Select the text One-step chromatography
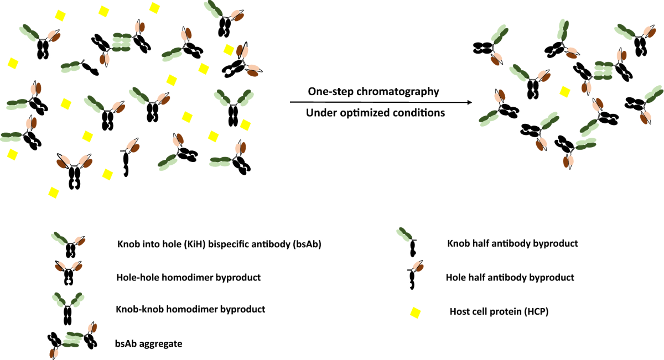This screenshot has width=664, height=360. click(373, 91)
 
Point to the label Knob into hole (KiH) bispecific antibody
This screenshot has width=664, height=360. click(219, 244)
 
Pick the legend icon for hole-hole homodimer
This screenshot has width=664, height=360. click(69, 273)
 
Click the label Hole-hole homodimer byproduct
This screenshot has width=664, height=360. click(188, 277)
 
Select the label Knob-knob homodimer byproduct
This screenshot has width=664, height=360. click(191, 309)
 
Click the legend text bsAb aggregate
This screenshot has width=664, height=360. click(149, 343)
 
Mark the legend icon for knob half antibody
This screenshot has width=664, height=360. click(408, 242)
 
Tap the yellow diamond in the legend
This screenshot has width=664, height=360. click(414, 312)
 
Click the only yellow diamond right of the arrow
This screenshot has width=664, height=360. click(564, 91)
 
